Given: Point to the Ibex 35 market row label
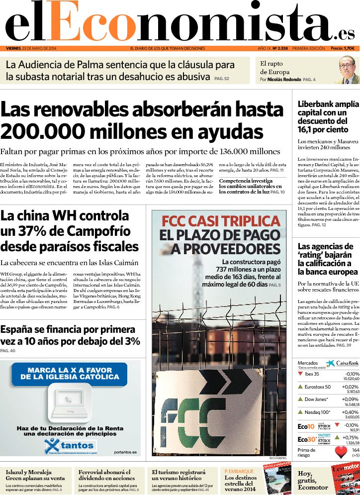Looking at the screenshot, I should coord(312,374).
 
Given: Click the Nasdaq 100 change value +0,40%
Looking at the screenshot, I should coord(350,412).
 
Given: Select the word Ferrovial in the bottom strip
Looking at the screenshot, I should coord(90,472).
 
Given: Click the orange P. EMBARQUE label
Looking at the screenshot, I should coord(239,471).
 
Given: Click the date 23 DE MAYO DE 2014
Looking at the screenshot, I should coord(43,48).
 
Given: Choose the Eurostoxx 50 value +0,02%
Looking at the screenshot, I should coord(350,387).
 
